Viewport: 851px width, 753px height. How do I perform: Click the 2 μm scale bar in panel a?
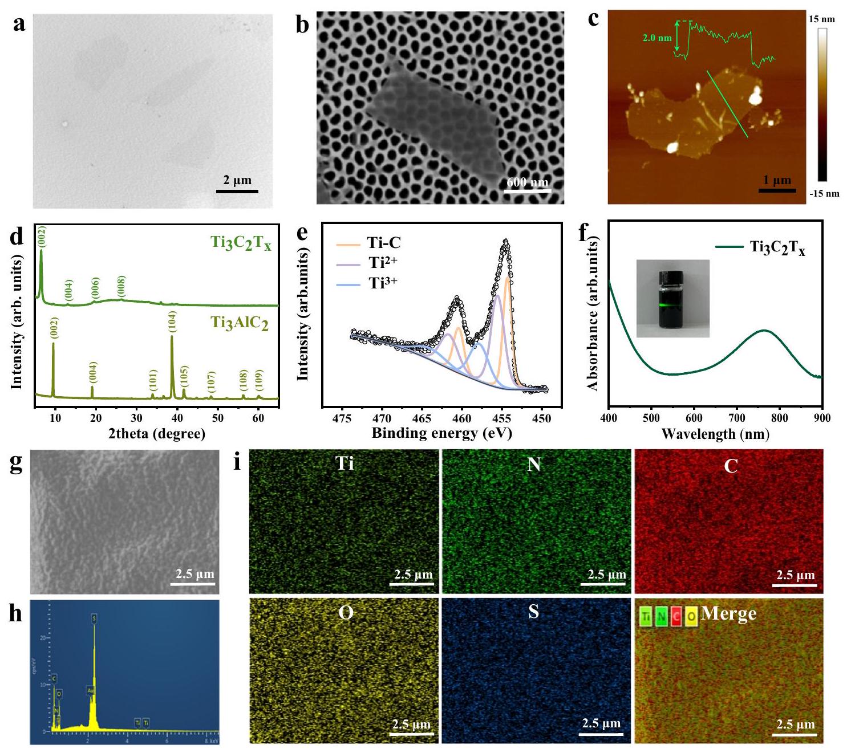point(237,191)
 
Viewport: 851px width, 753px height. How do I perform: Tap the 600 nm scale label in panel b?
point(528,182)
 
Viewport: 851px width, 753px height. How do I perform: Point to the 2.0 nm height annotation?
point(657,38)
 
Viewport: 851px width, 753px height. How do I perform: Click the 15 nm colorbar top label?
point(821,19)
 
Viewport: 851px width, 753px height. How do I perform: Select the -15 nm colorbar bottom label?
point(824,193)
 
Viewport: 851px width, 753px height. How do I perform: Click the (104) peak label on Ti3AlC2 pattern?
point(172,322)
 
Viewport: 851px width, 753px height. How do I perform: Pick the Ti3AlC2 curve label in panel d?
point(240,323)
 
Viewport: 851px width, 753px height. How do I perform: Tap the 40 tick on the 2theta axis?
point(177,418)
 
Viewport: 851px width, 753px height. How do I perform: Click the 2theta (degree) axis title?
point(157,434)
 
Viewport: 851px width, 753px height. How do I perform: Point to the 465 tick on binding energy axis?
point(422,418)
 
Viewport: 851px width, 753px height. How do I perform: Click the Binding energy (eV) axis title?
point(442,433)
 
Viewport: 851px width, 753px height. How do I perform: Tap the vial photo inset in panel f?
point(672,298)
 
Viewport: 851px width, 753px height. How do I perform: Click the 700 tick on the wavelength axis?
point(737,418)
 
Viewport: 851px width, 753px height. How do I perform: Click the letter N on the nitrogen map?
point(534,465)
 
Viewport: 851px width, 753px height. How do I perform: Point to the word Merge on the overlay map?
point(729,613)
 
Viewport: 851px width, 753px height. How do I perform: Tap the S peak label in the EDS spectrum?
point(94,617)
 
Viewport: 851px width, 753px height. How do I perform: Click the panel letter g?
point(17,462)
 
